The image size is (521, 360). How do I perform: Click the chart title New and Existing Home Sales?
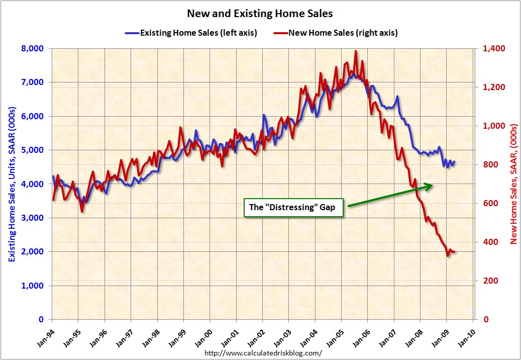[x=260, y=13]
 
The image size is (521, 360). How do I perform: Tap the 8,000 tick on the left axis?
[x=33, y=48]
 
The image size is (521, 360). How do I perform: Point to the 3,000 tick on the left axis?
[x=33, y=218]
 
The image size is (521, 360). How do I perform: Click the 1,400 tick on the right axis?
[x=492, y=48]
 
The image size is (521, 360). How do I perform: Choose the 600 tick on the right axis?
[x=490, y=203]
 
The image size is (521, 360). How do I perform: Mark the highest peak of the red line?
[x=356, y=51]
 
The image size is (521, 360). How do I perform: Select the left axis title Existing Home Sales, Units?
[x=11, y=184]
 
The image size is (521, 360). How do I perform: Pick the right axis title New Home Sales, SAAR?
[x=513, y=184]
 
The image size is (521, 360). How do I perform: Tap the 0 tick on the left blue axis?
[x=41, y=319]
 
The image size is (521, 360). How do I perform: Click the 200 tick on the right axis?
[x=490, y=281]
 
